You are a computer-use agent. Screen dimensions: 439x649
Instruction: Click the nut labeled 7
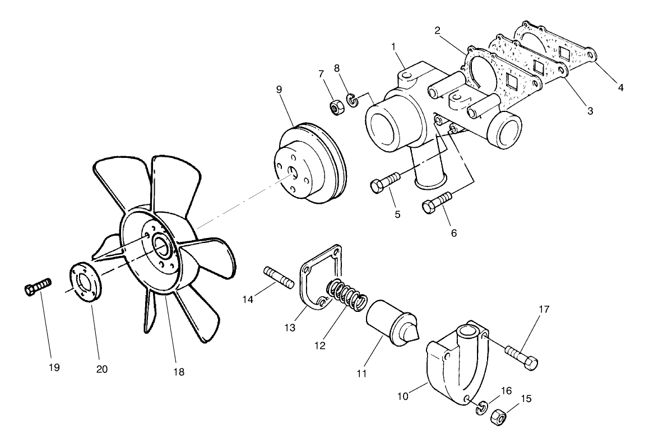coord(337,106)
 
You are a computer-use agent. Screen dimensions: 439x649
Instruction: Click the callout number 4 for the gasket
coord(620,87)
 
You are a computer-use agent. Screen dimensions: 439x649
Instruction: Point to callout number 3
coord(590,111)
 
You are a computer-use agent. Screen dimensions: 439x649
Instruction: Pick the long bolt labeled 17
coord(522,356)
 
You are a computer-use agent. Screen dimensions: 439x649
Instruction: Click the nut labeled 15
coord(498,418)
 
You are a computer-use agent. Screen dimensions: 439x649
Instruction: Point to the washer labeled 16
coord(481,409)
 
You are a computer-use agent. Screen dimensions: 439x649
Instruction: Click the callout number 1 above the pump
coord(394,45)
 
